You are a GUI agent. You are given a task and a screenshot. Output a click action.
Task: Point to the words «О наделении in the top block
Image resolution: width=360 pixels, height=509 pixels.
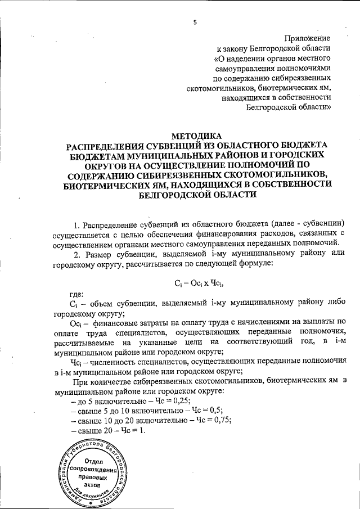point(237,58)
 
